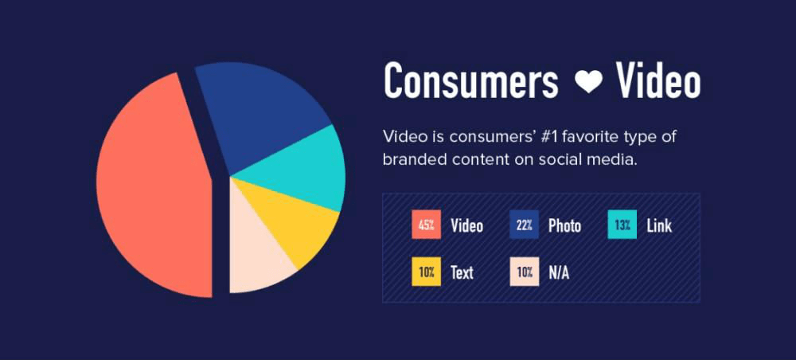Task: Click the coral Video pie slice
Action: click(151, 187)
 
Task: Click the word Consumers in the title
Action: click(470, 81)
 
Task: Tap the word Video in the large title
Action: click(657, 81)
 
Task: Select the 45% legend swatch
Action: click(426, 225)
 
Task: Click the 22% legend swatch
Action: click(524, 225)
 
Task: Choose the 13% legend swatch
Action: click(622, 225)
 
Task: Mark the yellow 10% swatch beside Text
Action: click(426, 272)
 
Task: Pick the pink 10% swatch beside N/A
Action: click(524, 272)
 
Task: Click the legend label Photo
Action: click(564, 226)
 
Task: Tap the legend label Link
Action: click(659, 226)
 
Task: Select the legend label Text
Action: click(462, 273)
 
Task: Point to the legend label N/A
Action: click(559, 273)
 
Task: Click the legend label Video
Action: click(466, 226)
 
